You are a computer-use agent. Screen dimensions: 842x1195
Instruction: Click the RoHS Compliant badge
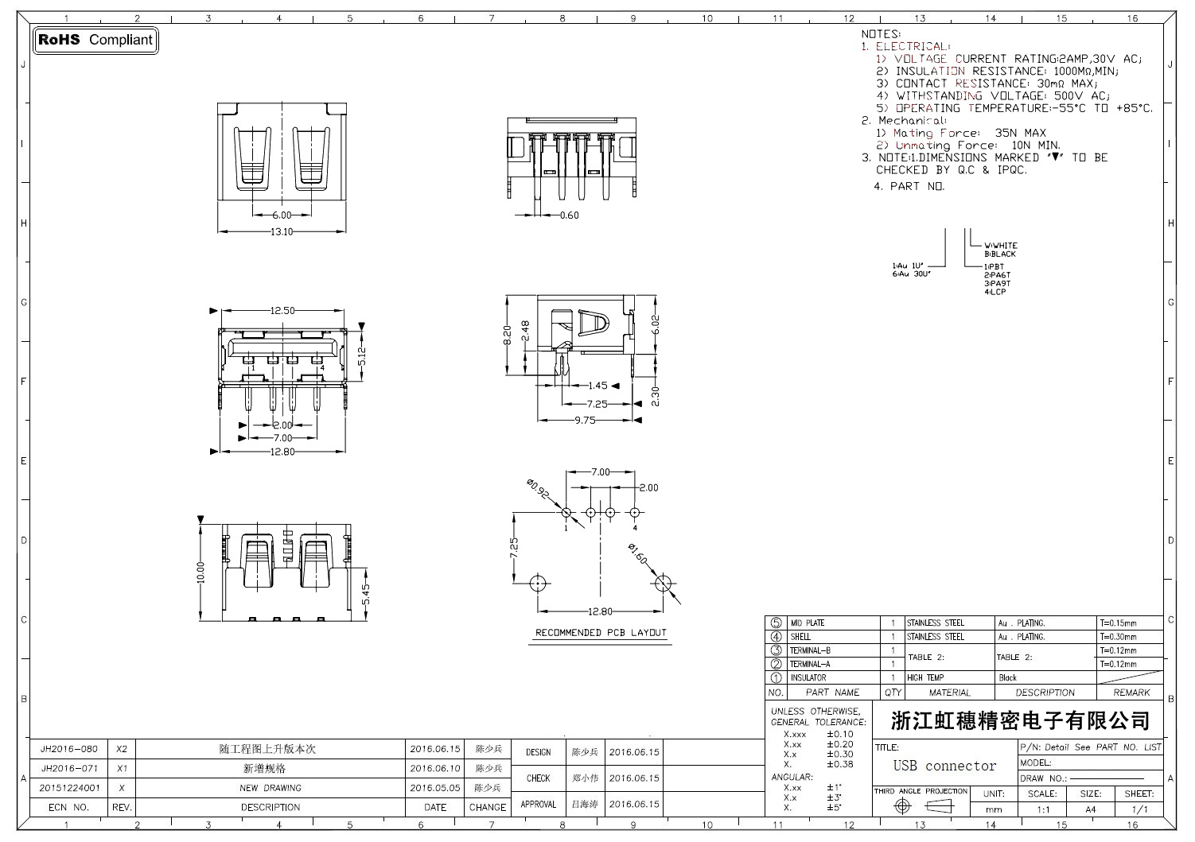pyautogui.click(x=95, y=40)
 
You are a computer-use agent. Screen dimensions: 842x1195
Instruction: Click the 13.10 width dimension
pyautogui.click(x=282, y=232)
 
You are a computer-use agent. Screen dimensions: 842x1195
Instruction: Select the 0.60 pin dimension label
pyautogui.click(x=570, y=215)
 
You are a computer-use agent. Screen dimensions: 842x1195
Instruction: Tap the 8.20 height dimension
pyautogui.click(x=508, y=336)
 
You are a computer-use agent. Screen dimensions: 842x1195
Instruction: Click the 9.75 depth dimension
pyautogui.click(x=585, y=420)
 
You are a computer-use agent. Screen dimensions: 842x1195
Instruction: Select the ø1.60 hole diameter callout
pyautogui.click(x=637, y=553)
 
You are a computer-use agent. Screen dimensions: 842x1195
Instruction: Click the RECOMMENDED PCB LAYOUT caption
pyautogui.click(x=601, y=633)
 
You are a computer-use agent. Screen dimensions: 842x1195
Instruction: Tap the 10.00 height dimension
pyautogui.click(x=200, y=572)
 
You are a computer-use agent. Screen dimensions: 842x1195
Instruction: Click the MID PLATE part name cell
pyautogui.click(x=808, y=623)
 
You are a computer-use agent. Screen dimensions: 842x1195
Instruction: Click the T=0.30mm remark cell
pyautogui.click(x=1118, y=637)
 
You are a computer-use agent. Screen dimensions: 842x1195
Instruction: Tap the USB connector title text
pyautogui.click(x=944, y=766)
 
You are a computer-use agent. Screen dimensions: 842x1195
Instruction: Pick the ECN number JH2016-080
pyautogui.click(x=69, y=749)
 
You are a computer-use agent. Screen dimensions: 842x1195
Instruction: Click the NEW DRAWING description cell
pyautogui.click(x=271, y=789)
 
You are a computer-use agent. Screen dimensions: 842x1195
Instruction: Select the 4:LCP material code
pyautogui.click(x=995, y=292)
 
